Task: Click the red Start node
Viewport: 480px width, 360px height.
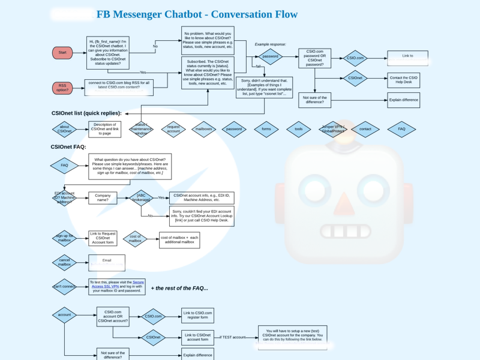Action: (62, 53)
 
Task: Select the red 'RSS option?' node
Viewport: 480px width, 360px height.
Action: (62, 88)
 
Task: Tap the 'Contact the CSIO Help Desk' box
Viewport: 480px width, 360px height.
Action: (403, 80)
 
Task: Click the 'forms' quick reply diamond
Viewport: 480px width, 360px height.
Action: (266, 129)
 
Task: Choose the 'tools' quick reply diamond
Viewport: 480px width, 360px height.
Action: (298, 129)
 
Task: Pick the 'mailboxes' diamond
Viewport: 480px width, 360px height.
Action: (203, 129)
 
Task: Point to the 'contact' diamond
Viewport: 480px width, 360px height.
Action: (365, 129)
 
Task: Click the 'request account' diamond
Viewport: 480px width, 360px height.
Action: (173, 129)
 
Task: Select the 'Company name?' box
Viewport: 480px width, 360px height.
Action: (103, 197)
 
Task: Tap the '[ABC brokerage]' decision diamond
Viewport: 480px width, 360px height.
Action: (141, 197)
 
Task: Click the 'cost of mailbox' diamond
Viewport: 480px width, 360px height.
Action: (135, 239)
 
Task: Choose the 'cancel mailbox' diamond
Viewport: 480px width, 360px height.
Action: (64, 262)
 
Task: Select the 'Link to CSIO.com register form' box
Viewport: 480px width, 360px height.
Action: (197, 315)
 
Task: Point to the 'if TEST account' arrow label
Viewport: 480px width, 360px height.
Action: (233, 337)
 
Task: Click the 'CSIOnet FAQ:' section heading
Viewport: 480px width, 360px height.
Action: (68, 147)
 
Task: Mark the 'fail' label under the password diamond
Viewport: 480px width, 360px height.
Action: (259, 67)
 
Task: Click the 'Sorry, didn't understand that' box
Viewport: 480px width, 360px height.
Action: (264, 87)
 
